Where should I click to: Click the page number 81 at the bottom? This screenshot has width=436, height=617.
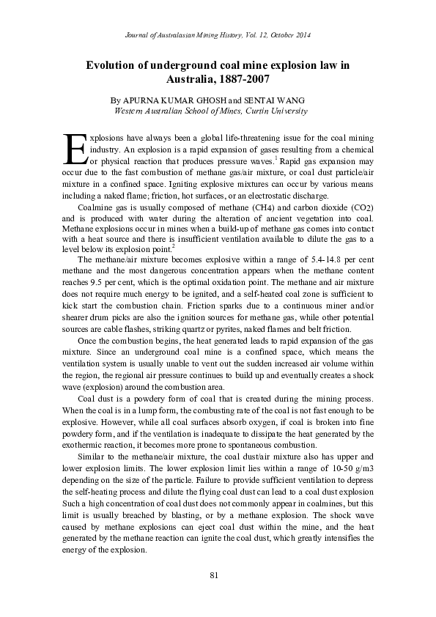(214, 575)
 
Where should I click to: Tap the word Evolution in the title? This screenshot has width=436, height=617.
(111, 65)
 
